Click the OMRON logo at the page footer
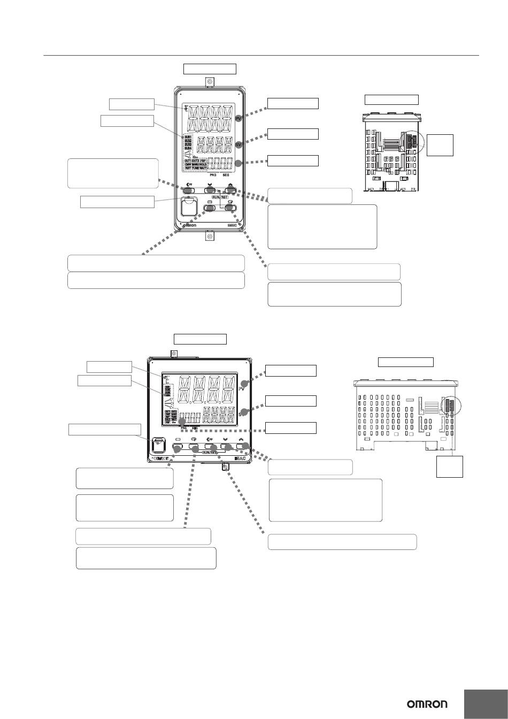pyautogui.click(x=427, y=705)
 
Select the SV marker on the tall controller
pyautogui.click(x=238, y=143)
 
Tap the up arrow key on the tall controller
pyautogui.click(x=230, y=189)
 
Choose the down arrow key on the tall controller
pyautogui.click(x=209, y=189)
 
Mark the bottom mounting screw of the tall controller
pyautogui.click(x=210, y=236)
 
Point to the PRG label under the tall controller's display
pyautogui.click(x=214, y=175)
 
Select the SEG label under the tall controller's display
pyautogui.click(x=227, y=175)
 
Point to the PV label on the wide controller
pyautogui.click(x=242, y=389)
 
